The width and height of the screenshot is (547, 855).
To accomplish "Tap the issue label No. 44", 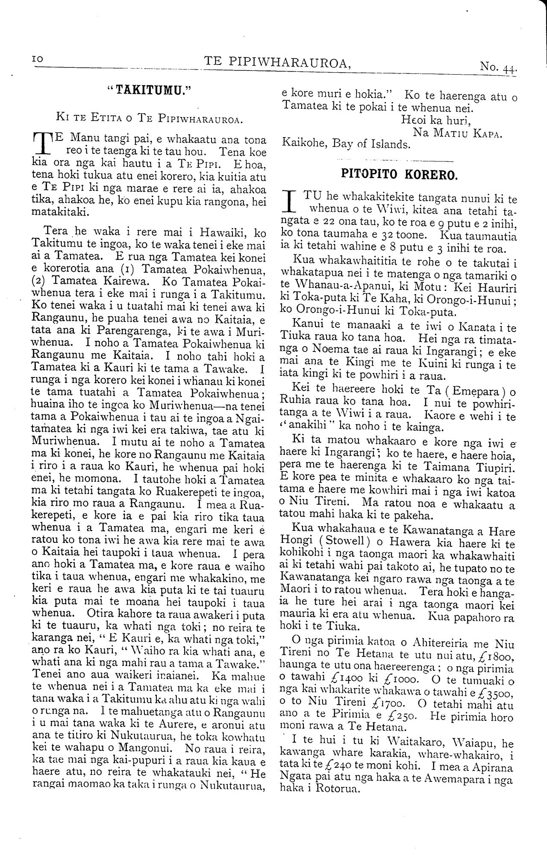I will tap(498, 67).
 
